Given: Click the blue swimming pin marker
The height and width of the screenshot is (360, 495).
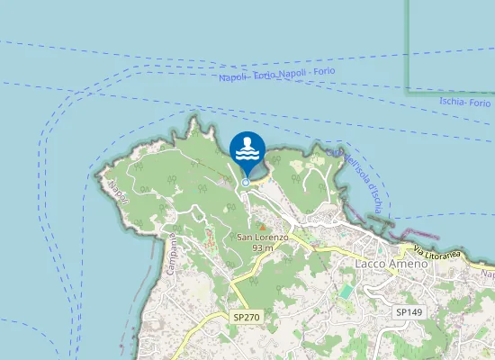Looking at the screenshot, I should [x=247, y=149].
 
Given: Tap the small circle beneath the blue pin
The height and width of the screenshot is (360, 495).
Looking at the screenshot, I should [x=246, y=183].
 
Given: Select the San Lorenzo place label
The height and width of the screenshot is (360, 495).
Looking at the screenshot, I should [x=262, y=237].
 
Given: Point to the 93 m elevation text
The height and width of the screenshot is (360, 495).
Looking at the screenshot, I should [x=263, y=247].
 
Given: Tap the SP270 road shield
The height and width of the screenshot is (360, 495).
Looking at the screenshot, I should [x=246, y=318].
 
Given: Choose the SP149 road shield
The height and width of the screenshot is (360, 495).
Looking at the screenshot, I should [x=409, y=311].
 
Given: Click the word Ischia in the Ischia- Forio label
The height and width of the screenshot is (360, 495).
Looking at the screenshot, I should [x=453, y=102].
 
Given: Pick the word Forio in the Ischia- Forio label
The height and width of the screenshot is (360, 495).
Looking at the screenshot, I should [x=480, y=104].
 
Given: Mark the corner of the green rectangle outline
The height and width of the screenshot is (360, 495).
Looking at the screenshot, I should [x=408, y=91].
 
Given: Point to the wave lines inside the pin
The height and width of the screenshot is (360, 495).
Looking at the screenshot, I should [x=247, y=156].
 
